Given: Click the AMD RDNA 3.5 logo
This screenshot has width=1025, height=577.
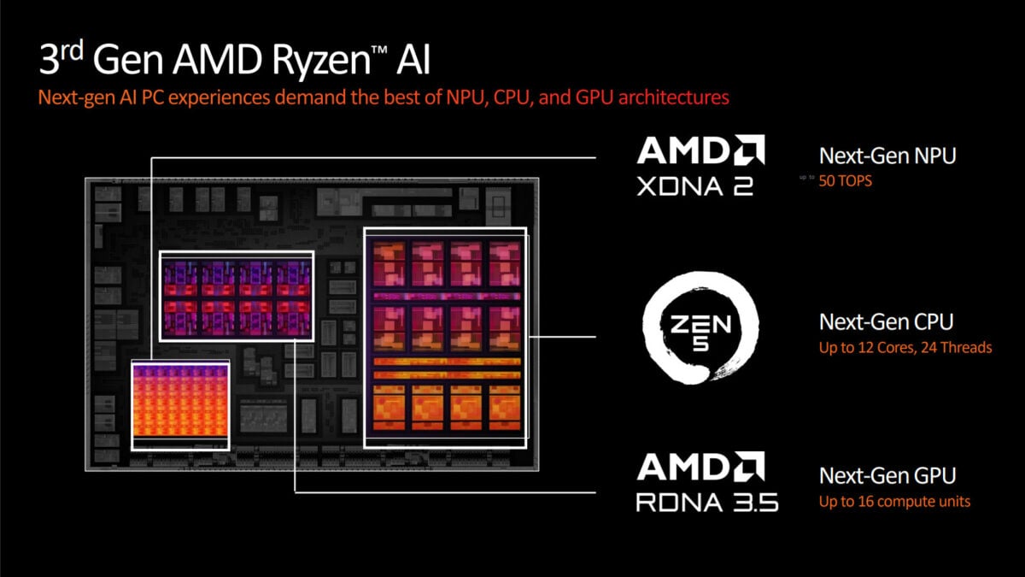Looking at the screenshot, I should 706,483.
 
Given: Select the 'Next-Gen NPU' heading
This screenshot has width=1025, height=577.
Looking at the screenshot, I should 887,156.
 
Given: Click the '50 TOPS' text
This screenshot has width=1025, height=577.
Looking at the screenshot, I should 846,181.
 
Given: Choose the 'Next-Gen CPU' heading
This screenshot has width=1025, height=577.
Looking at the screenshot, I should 886,322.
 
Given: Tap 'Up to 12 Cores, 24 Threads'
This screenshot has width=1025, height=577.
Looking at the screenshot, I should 905,348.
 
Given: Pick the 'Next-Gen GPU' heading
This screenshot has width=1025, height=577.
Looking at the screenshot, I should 887,475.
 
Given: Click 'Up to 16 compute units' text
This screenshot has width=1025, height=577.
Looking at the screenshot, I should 894,501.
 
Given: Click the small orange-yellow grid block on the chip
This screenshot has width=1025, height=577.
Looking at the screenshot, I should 180,404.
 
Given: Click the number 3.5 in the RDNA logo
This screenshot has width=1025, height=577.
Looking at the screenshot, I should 753,501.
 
